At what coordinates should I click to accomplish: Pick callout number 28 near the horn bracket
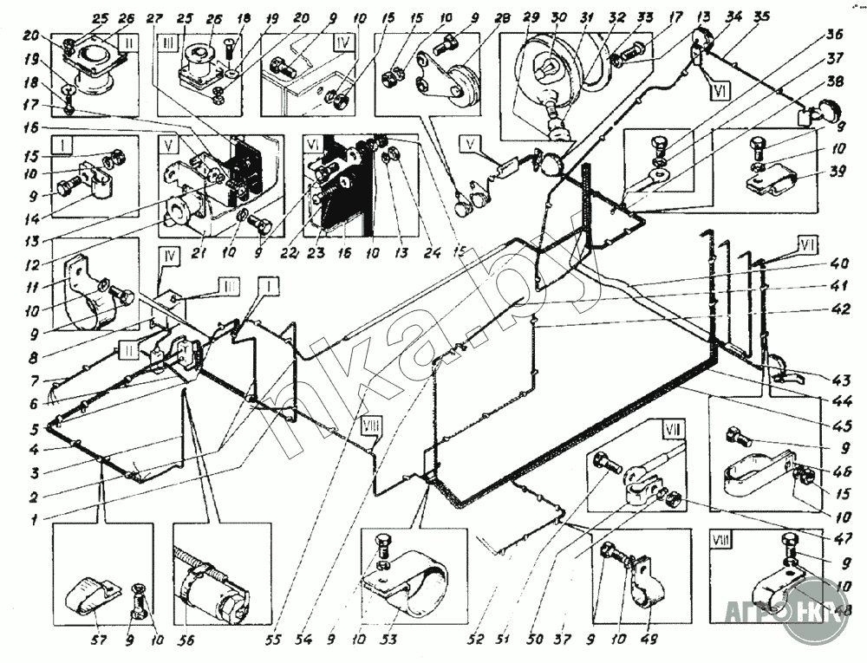[479, 17]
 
